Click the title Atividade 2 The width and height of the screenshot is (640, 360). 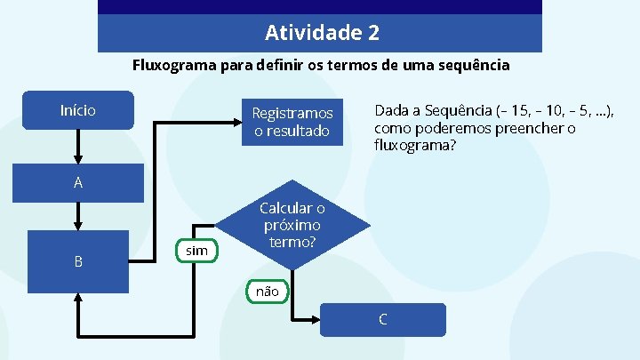[x=322, y=34]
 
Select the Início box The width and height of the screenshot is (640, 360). [x=78, y=111]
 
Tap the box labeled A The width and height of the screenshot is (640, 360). [x=78, y=183]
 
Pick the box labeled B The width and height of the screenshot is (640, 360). [x=78, y=261]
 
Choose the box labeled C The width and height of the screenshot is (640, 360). [x=382, y=320]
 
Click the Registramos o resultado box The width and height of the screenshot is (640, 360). [x=292, y=123]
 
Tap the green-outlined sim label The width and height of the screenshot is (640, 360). [x=196, y=251]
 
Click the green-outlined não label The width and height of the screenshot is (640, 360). [x=267, y=291]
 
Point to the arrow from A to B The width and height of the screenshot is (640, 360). [x=78, y=216]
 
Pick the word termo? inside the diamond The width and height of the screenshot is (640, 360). [x=292, y=241]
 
